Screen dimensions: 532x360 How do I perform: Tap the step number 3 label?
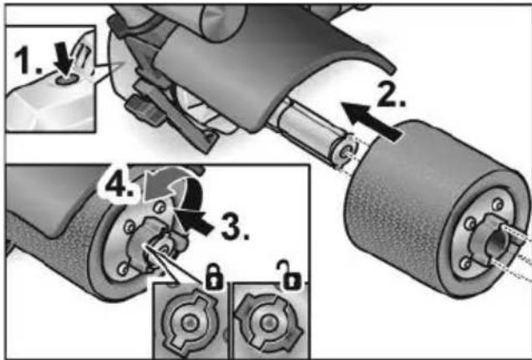[236, 226]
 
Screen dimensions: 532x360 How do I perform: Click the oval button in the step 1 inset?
[63, 80]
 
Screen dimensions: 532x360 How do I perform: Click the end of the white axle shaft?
[346, 151]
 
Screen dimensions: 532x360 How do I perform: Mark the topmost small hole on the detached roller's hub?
[498, 204]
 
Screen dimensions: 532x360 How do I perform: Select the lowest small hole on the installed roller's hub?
[124, 269]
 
